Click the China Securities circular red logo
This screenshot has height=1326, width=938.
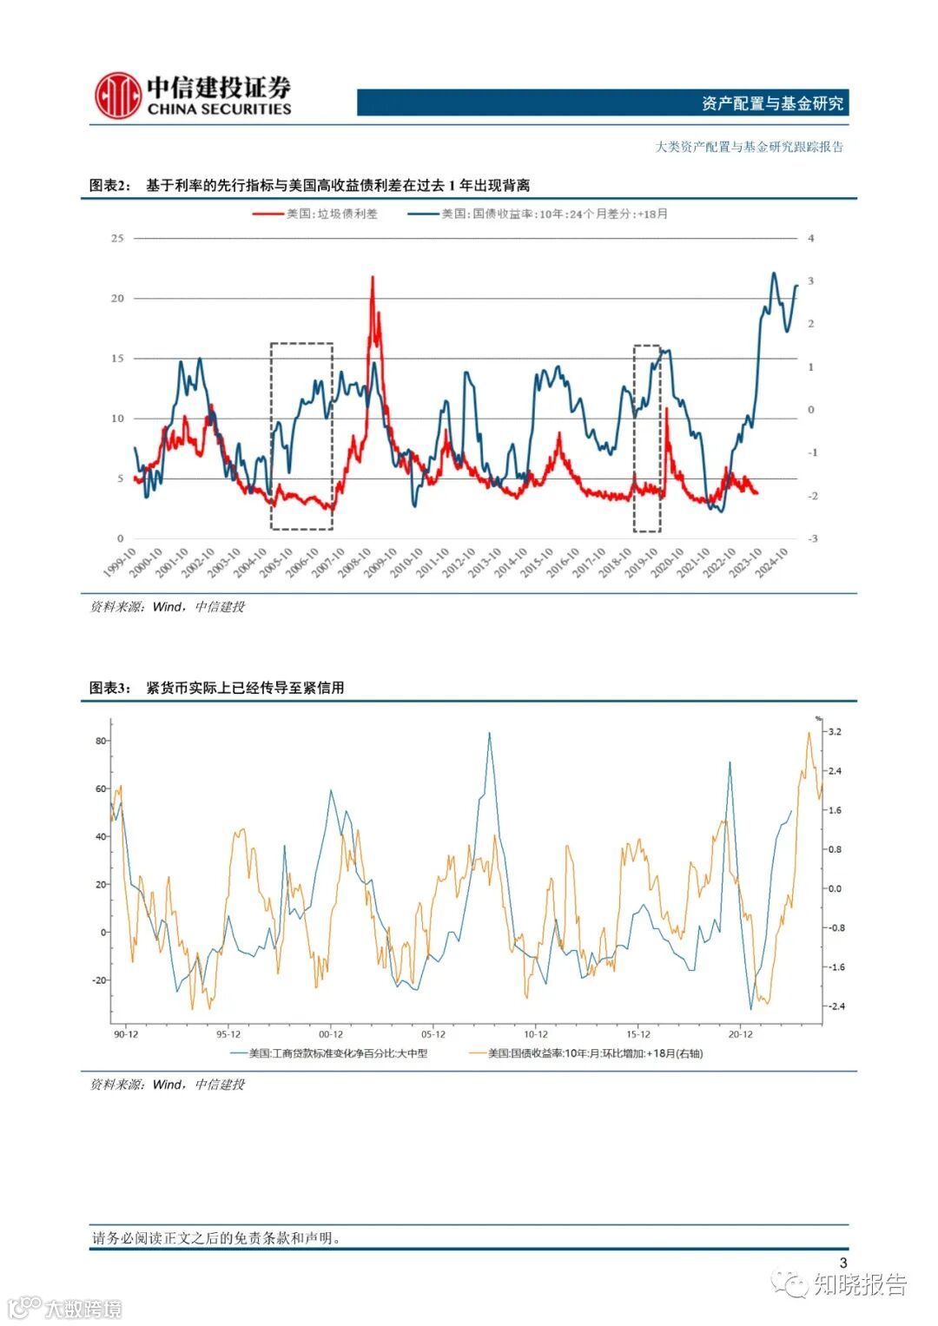point(118,96)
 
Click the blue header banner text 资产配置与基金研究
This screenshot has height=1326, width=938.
point(772,103)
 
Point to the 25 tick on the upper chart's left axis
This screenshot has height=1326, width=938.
point(117,238)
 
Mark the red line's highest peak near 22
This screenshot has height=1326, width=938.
point(373,278)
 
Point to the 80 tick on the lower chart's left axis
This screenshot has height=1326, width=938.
point(101,741)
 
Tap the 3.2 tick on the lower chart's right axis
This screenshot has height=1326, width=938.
point(835,732)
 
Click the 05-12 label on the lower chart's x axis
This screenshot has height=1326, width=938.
point(433,1034)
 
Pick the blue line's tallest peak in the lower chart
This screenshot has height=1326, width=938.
point(489,734)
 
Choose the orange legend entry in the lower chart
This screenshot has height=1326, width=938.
point(595,1053)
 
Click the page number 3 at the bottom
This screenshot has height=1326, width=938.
point(842,1263)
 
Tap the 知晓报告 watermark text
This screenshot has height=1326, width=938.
point(859,1284)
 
